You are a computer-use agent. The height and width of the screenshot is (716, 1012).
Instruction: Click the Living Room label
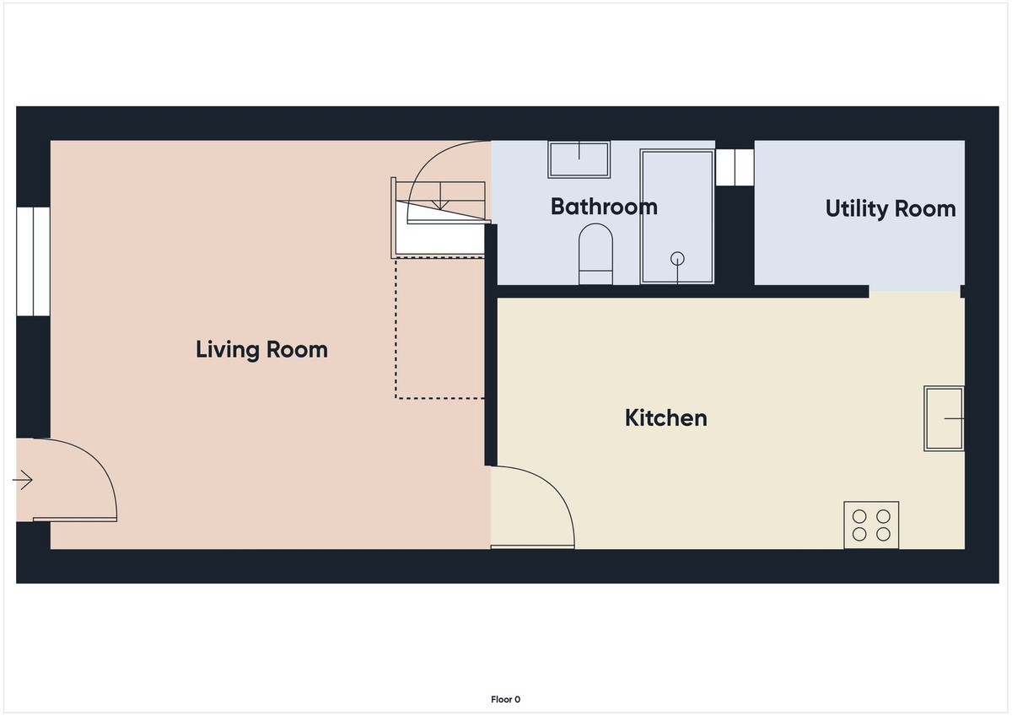click(x=261, y=349)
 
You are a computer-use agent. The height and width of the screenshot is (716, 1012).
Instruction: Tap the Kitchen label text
click(x=665, y=417)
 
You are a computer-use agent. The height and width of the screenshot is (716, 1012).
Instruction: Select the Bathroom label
click(x=604, y=207)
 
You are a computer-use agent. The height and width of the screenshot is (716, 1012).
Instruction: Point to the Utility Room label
click(x=891, y=208)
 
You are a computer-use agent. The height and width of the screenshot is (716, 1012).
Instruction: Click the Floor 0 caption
click(x=506, y=699)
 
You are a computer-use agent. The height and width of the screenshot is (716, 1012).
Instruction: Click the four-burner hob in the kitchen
click(x=871, y=525)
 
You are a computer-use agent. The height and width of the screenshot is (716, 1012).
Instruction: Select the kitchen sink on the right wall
click(x=944, y=418)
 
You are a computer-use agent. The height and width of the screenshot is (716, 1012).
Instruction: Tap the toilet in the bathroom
click(x=595, y=254)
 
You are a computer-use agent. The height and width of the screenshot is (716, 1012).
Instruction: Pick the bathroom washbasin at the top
click(x=579, y=159)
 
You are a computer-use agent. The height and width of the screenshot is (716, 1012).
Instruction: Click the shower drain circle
click(x=676, y=258)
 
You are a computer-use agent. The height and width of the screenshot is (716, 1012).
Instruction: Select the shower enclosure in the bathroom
click(x=676, y=217)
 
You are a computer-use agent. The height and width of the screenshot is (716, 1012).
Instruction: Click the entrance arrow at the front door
click(x=23, y=481)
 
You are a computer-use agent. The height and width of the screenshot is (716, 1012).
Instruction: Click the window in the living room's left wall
click(x=34, y=261)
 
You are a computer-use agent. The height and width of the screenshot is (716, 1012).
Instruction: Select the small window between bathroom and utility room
click(x=734, y=167)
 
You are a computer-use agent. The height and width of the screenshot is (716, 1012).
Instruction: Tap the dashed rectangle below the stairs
click(x=439, y=329)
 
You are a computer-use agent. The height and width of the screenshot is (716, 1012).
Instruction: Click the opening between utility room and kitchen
click(x=914, y=291)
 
